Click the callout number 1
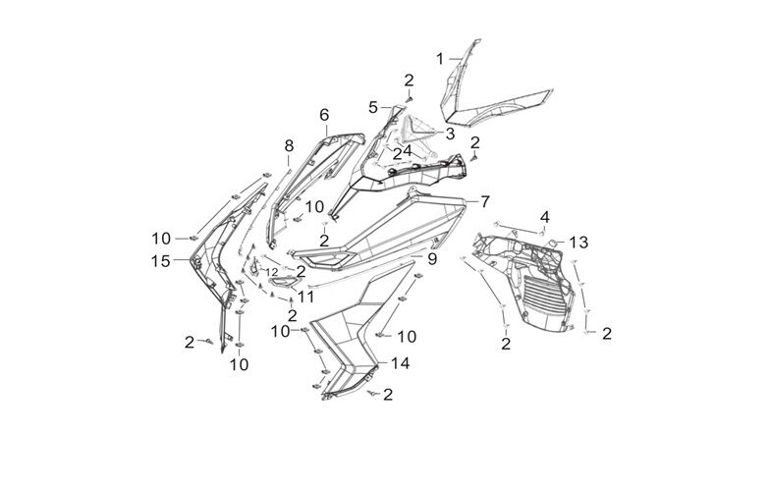tap(441, 58)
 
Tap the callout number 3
tap(450, 133)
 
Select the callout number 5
tap(373, 106)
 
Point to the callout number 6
tap(324, 115)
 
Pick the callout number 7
tap(484, 201)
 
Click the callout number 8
tap(289, 146)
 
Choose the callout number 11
tap(305, 296)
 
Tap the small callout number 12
tap(270, 272)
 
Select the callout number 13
tap(579, 242)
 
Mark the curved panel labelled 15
tap(211, 265)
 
